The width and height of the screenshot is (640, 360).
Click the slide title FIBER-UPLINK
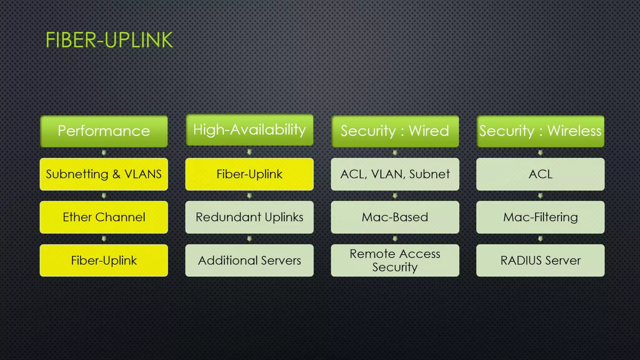click(x=109, y=40)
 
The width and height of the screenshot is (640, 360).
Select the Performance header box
click(x=104, y=131)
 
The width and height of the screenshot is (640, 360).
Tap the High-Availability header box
click(x=249, y=130)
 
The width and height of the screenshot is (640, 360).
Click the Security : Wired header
click(x=395, y=131)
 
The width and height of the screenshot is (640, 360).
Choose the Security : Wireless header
click(x=540, y=131)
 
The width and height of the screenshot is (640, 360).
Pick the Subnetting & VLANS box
click(x=104, y=174)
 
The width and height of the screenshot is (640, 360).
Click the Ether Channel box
click(x=104, y=217)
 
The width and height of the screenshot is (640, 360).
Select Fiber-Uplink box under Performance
click(x=104, y=260)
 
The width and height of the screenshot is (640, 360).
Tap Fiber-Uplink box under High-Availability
click(x=249, y=174)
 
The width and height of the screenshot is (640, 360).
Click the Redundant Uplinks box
click(x=249, y=217)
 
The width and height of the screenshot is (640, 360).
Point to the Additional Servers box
click(x=249, y=260)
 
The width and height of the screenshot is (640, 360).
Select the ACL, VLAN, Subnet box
click(x=395, y=174)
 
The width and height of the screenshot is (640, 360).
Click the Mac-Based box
click(x=395, y=217)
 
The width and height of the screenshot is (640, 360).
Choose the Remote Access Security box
click(x=395, y=260)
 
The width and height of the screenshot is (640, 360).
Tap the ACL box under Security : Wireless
click(x=540, y=174)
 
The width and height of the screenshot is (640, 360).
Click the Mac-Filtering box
click(x=540, y=217)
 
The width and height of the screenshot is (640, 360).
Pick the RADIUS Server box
click(x=540, y=260)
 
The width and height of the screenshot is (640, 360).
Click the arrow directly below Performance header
click(x=104, y=152)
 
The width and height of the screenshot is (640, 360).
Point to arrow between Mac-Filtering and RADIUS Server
click(x=540, y=239)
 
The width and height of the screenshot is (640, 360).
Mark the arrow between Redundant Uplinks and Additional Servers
click(x=249, y=239)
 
